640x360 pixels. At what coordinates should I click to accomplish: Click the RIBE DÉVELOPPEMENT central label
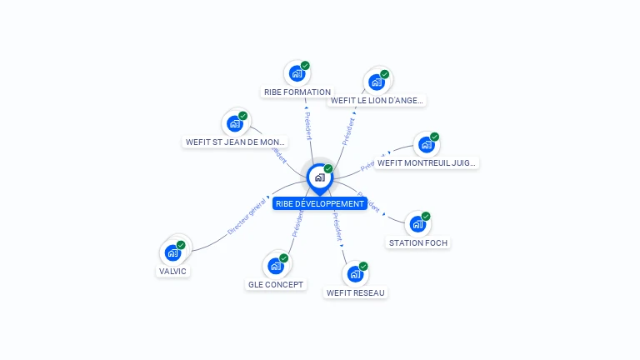320,203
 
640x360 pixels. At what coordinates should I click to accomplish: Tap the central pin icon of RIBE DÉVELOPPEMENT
319,177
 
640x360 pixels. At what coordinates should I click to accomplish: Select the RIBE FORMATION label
297,92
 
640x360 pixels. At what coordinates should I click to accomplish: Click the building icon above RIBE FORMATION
297,73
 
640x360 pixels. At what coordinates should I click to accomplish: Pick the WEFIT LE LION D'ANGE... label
377,101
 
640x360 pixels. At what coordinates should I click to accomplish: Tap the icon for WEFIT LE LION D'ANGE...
377,82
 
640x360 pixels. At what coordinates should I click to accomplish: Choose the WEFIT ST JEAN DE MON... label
235,142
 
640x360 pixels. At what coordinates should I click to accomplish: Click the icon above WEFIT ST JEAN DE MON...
235,124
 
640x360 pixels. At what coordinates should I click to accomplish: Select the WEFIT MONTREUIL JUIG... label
427,163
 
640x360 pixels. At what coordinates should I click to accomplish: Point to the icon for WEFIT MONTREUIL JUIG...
427,145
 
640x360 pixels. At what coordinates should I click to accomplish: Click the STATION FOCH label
418,243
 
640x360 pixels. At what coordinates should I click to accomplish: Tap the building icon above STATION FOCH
417,224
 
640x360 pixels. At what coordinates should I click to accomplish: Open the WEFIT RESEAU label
356,293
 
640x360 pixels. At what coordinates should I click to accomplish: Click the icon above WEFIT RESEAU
355,274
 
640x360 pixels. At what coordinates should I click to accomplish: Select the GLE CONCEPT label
277,285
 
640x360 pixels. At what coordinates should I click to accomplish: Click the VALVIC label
173,272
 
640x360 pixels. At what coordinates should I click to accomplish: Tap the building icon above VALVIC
172,252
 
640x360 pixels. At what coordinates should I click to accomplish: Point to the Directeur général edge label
247,217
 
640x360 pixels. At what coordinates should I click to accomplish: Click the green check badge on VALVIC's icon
181,245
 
